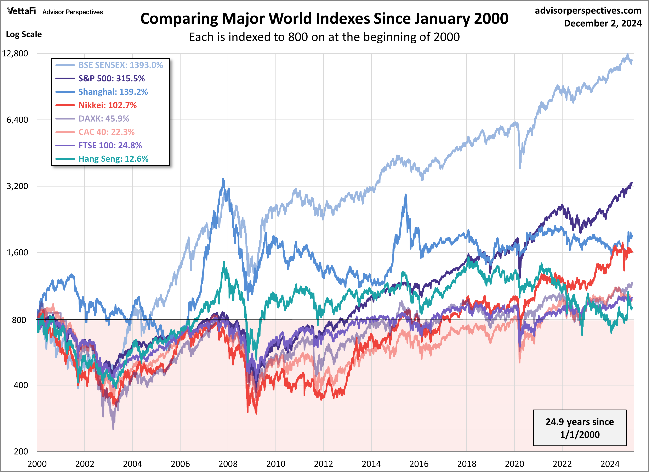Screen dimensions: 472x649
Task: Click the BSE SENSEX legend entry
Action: point(120,65)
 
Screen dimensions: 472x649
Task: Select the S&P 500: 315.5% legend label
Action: point(111,78)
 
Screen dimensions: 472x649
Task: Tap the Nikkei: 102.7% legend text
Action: point(107,105)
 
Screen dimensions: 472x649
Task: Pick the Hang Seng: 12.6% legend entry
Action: point(113,159)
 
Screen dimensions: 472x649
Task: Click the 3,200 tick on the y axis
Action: point(17,186)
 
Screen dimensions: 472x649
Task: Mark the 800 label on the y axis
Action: point(19,320)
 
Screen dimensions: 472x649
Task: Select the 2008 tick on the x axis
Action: point(228,464)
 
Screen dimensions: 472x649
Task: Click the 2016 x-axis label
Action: point(419,464)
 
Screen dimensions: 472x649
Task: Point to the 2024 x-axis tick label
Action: point(610,464)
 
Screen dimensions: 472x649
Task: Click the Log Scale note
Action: point(24,34)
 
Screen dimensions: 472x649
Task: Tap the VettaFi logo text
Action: point(22,11)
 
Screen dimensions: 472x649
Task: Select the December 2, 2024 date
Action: point(603,23)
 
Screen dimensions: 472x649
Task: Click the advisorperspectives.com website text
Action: point(588,11)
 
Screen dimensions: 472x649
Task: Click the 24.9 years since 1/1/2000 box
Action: point(580,428)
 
